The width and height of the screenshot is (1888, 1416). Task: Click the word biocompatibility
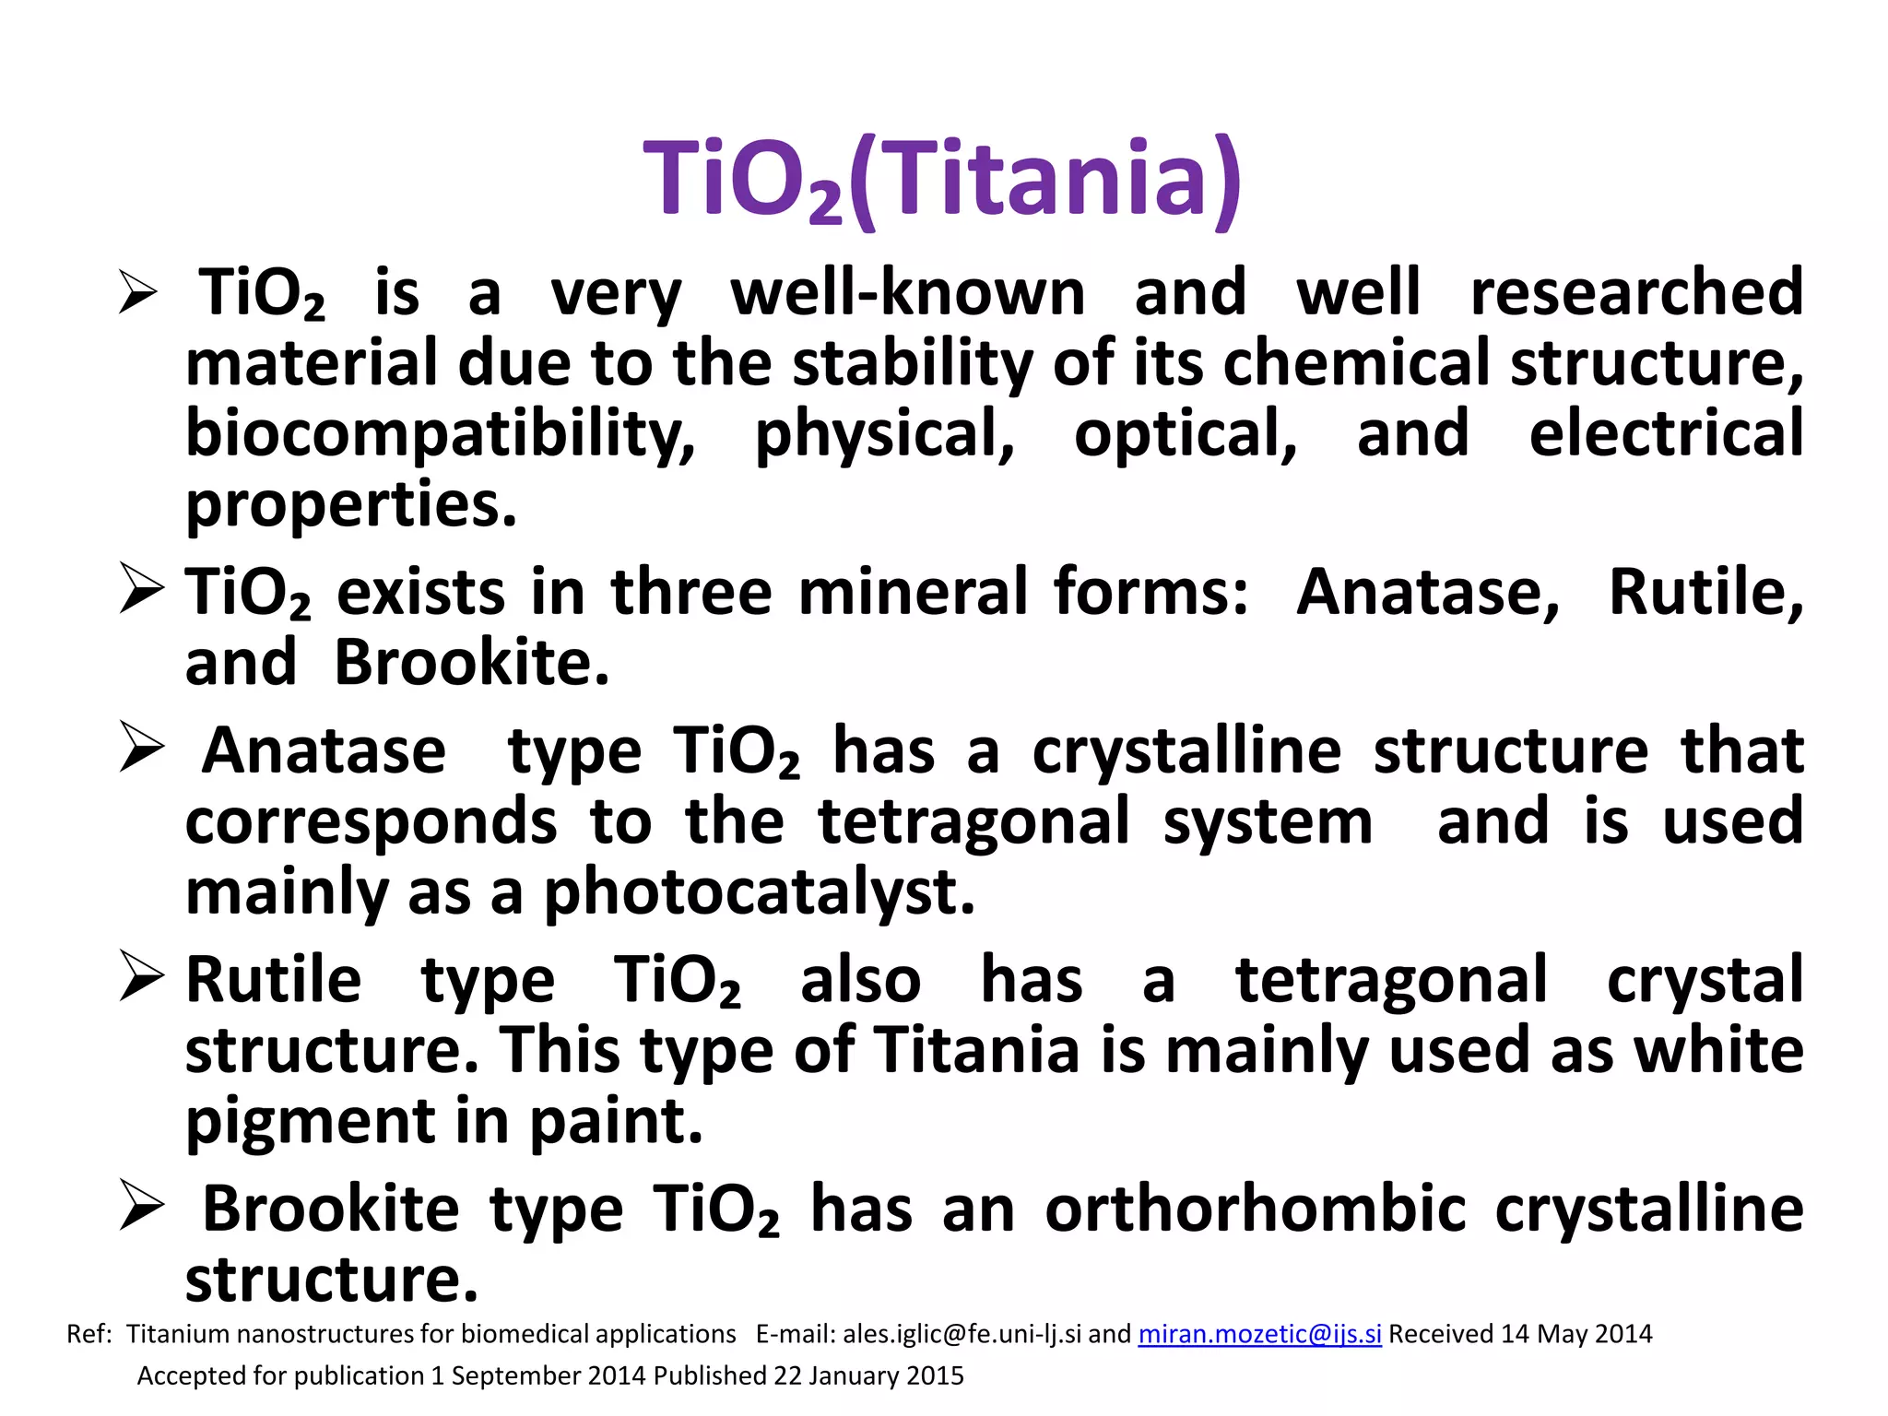441,433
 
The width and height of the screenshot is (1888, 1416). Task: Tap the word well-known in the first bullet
908,293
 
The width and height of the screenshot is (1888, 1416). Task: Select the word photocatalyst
759,892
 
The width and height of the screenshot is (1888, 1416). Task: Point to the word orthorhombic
1255,1209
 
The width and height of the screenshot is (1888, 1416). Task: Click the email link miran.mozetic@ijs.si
1259,1334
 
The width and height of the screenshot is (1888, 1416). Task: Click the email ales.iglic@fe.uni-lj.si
962,1334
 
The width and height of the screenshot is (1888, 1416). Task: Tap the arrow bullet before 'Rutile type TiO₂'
142,978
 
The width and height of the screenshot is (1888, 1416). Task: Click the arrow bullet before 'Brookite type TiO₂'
142,1208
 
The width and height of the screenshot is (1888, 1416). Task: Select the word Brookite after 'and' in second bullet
471,662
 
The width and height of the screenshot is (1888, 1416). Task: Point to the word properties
351,505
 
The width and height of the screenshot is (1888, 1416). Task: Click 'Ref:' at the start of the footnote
89,1334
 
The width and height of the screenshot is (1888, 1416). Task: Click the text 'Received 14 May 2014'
1520,1334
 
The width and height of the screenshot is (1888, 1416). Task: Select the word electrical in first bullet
1666,433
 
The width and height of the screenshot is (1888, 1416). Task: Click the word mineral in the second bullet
913,592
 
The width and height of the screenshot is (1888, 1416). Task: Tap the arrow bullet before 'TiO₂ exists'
142,591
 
